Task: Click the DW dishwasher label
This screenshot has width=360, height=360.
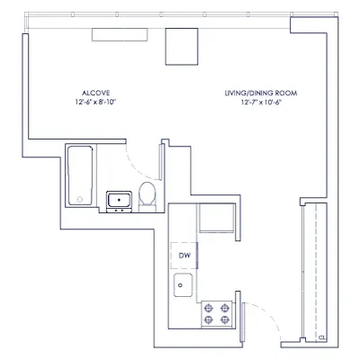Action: coord(184,255)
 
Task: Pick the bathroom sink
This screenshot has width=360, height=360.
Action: coord(118,200)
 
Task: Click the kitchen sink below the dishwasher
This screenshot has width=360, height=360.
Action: coord(184,287)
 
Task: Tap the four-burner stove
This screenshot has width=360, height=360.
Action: coord(215,312)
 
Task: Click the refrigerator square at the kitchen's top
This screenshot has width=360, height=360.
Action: coord(215,220)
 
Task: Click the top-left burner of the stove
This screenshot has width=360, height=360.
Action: coord(208,306)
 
